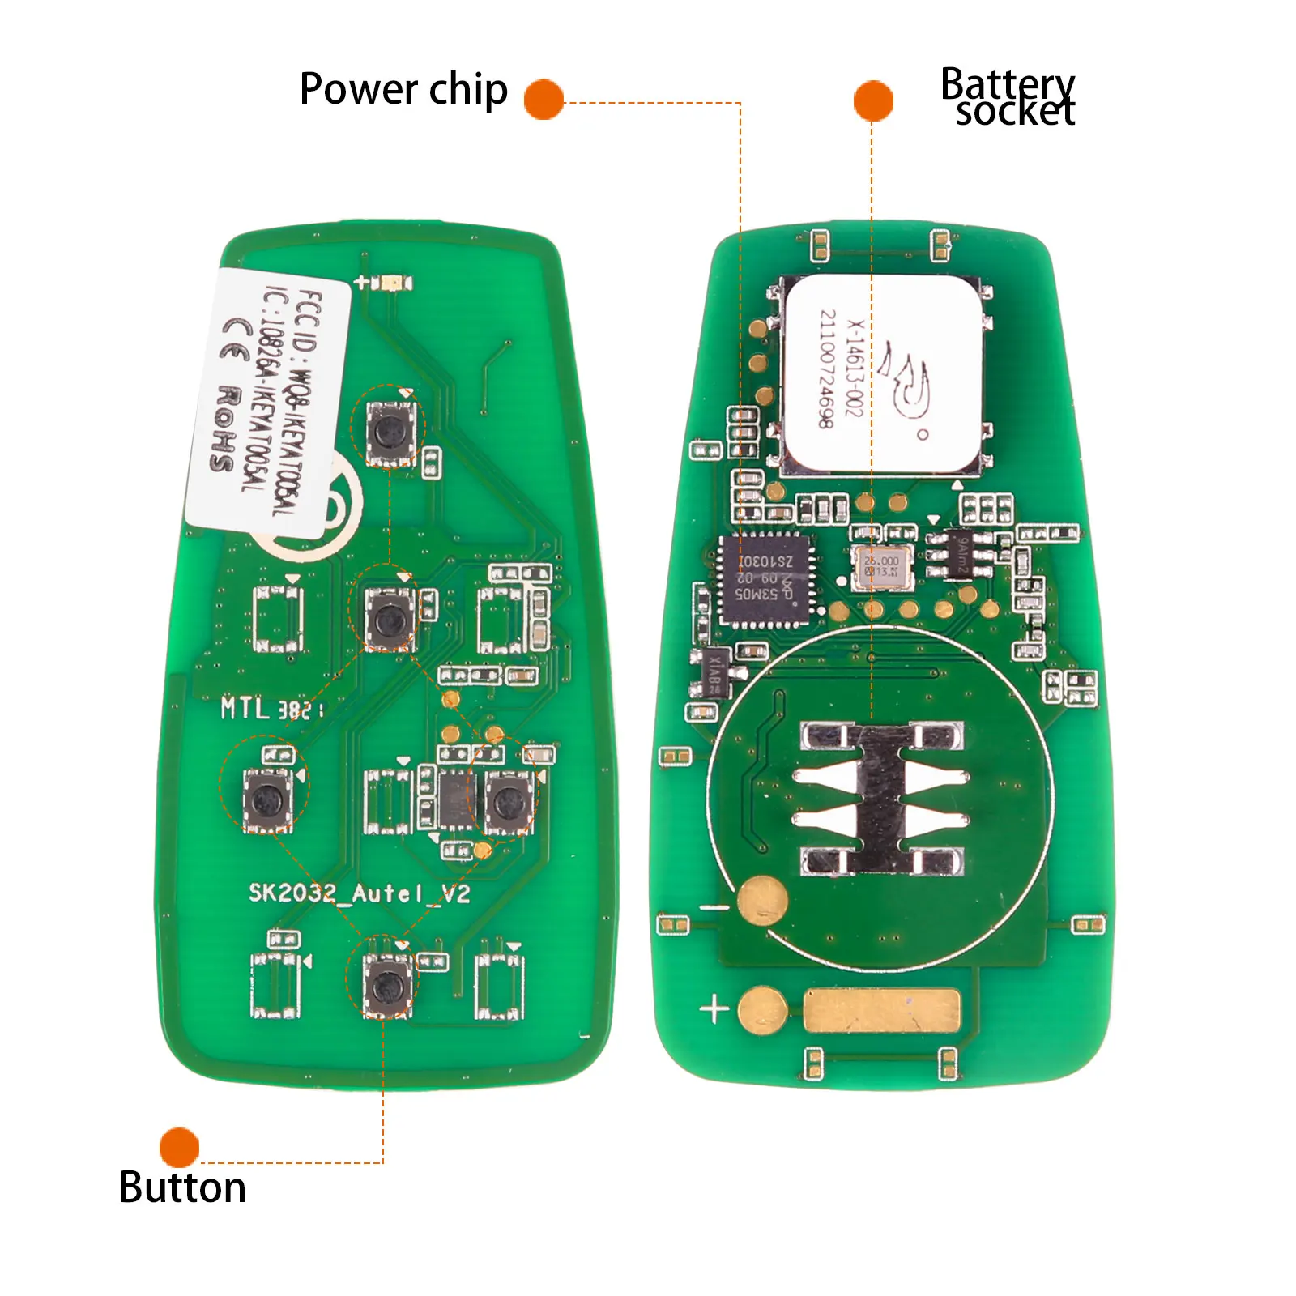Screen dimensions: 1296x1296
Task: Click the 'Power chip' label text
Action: click(x=403, y=89)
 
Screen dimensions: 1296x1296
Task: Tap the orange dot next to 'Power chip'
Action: click(x=544, y=100)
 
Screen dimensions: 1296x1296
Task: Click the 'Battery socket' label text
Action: click(x=1008, y=97)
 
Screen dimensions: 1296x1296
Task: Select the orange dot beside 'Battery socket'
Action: click(x=873, y=101)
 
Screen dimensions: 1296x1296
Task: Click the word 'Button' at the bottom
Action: click(x=182, y=1187)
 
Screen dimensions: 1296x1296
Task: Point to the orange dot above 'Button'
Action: click(x=179, y=1147)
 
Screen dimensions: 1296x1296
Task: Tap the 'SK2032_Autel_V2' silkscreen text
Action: click(x=359, y=893)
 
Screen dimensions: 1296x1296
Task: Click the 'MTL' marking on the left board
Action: click(x=245, y=709)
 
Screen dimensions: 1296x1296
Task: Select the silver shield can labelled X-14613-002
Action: click(x=883, y=374)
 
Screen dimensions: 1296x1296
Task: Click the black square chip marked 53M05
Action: click(x=763, y=579)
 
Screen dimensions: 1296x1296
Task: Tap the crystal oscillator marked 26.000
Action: click(x=882, y=566)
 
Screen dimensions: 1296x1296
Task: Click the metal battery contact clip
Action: click(x=881, y=799)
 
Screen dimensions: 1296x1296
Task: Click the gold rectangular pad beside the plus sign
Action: click(x=881, y=1011)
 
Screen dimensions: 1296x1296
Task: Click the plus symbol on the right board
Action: click(x=714, y=1010)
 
